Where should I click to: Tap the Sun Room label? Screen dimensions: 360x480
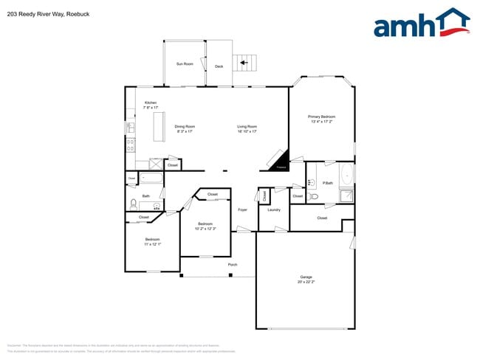185,64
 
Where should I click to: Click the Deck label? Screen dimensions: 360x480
219,66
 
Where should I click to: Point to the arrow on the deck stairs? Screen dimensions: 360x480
244,63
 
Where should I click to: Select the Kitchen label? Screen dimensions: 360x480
151,103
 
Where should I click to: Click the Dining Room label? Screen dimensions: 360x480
185,126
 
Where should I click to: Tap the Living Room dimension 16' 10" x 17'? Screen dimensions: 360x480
247,131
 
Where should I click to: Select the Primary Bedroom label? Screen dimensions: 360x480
322,117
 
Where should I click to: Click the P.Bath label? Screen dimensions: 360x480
328,182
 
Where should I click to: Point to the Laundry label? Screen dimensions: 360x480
274,210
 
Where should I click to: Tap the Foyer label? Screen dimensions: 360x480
242,210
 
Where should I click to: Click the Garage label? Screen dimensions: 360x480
306,277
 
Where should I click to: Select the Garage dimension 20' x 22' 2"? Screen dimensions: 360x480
306,282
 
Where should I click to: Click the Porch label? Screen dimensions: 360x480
232,263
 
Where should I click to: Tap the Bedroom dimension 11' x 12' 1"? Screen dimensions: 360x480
153,243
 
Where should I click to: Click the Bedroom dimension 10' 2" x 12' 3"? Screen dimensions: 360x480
205,228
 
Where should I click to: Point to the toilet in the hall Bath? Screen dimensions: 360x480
133,203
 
